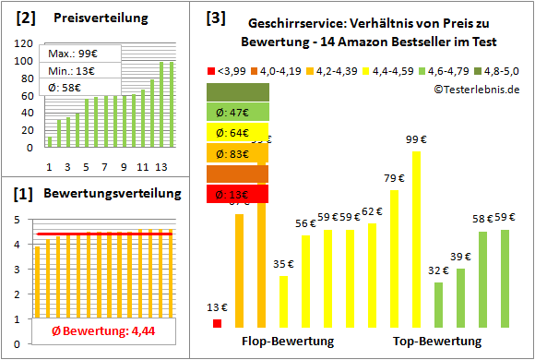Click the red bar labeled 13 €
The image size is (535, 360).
tap(218, 323)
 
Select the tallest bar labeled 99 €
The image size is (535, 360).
tap(416, 238)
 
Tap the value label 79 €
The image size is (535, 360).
tap(394, 178)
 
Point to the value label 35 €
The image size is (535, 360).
tap(283, 264)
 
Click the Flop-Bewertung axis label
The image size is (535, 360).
tap(287, 342)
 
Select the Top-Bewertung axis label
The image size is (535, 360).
tap(437, 342)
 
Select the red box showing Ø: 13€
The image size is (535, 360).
tap(238, 194)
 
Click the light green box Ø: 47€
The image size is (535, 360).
tap(238, 112)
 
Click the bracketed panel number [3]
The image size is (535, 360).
tap(215, 18)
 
